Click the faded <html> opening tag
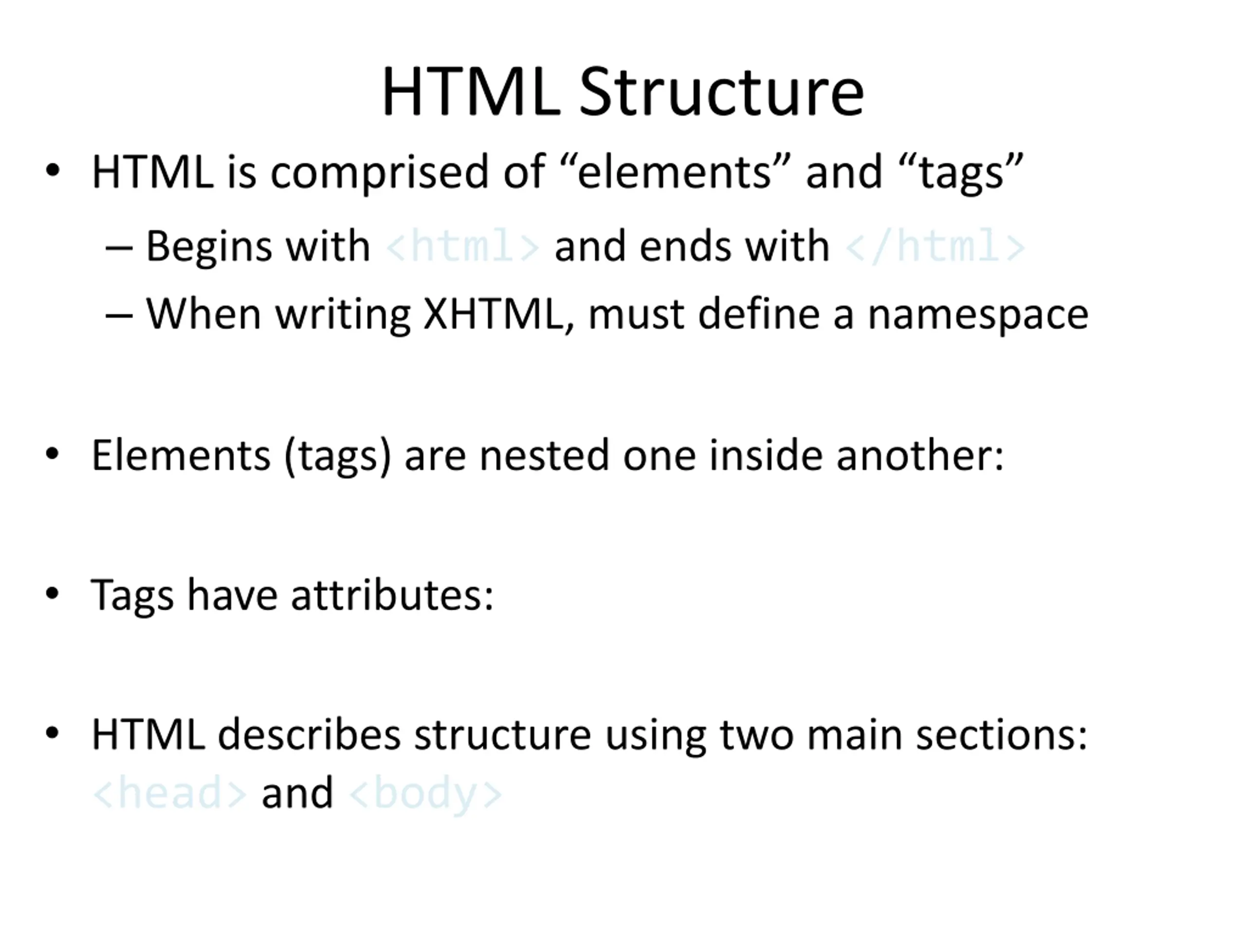462,246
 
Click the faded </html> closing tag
935,246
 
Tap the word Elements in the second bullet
181,455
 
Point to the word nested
544,455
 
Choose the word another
920,455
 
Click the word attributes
392,595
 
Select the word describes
309,734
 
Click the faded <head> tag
169,793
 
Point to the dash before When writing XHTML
119,316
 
